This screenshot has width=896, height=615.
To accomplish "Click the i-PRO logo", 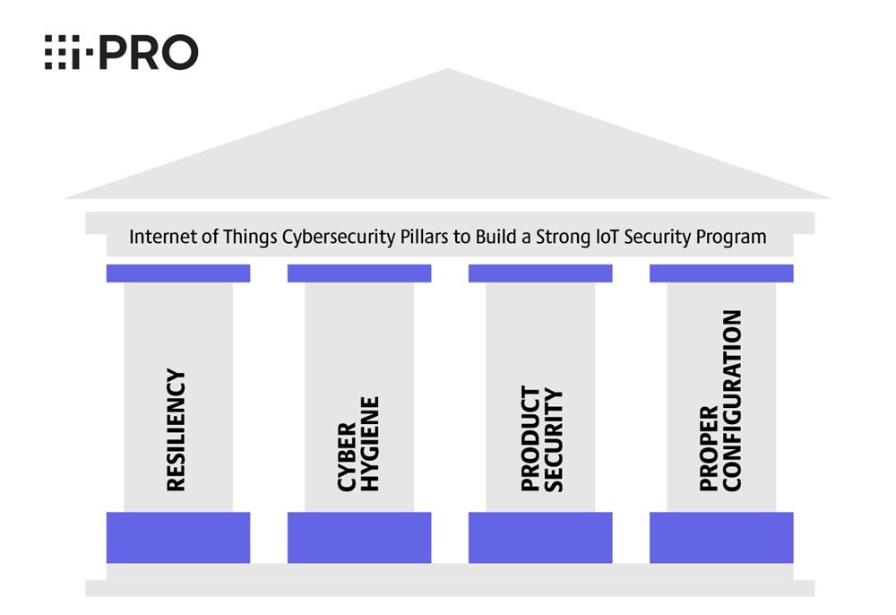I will point(121,53).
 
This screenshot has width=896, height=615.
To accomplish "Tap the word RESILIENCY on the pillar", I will point(176,430).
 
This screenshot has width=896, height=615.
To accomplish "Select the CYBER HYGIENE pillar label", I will point(359,444).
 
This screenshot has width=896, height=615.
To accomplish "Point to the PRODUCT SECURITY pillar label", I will point(541,439).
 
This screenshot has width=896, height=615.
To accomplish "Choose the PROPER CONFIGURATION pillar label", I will point(721,401).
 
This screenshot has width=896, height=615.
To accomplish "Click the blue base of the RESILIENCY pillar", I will point(178,537).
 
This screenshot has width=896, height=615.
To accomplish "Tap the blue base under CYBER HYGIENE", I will point(359,537).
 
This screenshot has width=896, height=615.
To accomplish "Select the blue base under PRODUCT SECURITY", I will point(540,537).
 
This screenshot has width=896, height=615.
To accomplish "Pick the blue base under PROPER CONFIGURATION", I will point(721,537).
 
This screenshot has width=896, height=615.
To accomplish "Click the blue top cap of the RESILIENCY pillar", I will point(178,273).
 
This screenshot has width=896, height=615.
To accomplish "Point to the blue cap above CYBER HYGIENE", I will point(359,273).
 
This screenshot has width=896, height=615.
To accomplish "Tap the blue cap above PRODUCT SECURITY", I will point(540,273).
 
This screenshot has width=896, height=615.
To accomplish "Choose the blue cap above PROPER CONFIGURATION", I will point(721,273).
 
